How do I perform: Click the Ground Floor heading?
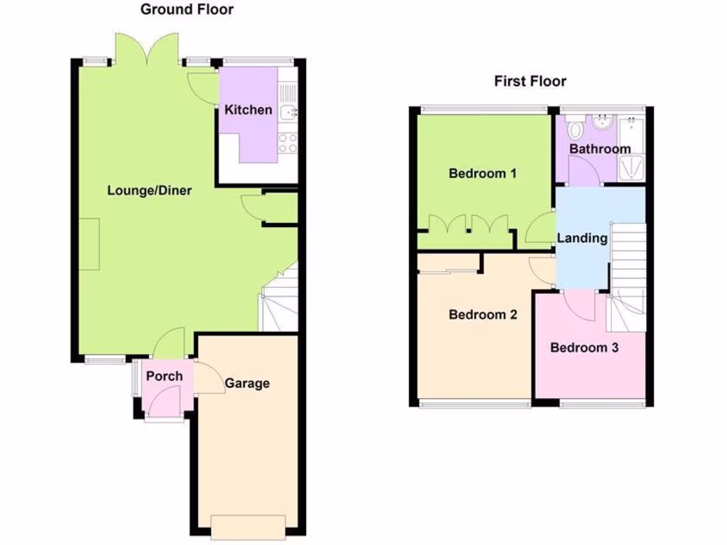point(187,9)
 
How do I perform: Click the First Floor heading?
point(530,81)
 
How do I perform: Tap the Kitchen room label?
point(248,110)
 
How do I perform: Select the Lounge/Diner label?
point(150,190)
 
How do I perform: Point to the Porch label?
point(165,376)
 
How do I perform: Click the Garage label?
point(247,383)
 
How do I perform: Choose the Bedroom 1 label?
point(483,173)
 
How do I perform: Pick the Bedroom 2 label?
point(483,314)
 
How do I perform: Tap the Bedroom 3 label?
point(584,348)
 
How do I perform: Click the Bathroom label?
point(600,149)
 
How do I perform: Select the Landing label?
point(582,238)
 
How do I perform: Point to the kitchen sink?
point(288,111)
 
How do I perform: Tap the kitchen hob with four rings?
point(288,143)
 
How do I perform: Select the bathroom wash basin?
point(601,122)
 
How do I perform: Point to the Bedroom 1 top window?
point(482,109)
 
